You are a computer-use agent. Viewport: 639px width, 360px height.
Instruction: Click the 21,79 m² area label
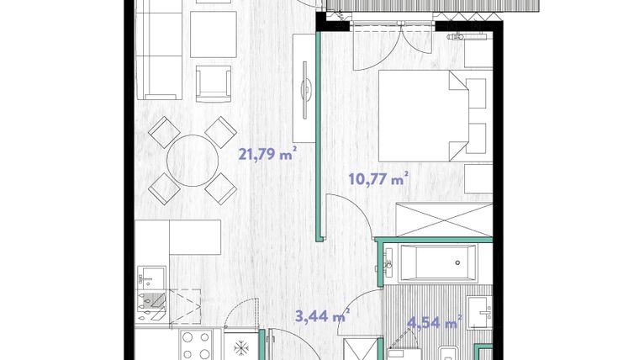(x=267, y=154)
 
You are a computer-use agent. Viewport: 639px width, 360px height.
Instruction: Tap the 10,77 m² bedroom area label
(x=378, y=177)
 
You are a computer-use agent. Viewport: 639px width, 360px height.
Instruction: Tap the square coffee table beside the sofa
(x=214, y=34)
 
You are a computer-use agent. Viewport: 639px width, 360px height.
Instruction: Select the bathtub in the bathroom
(x=437, y=264)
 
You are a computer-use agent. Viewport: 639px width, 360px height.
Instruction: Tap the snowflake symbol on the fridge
(x=240, y=347)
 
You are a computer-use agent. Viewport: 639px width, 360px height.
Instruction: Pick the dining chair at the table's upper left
(x=162, y=131)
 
